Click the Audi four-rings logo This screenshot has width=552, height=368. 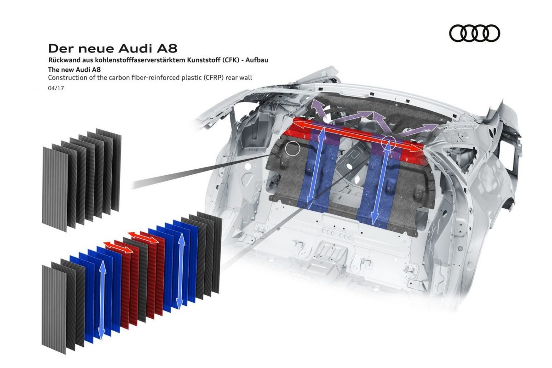(x=474, y=33)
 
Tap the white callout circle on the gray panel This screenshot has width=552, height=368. (x=292, y=148)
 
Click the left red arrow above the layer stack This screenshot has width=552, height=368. (x=118, y=247)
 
